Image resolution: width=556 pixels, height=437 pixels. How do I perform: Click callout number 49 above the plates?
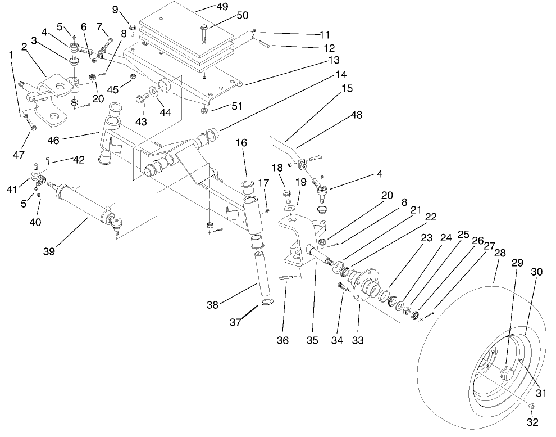[224, 7]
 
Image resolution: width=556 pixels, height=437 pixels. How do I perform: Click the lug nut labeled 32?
[532, 406]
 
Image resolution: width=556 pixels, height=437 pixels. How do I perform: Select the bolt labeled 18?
[287, 196]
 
